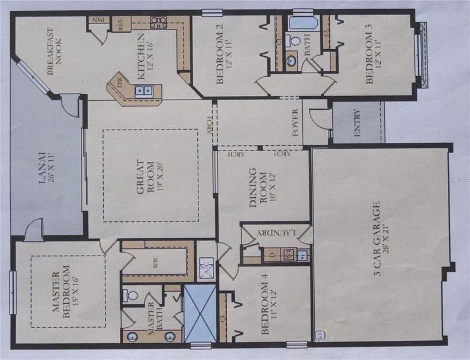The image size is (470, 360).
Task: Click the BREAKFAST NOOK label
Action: pos(55,51)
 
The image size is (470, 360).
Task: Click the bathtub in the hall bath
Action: pos(303,23)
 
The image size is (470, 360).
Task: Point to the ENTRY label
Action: pos(357,123)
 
